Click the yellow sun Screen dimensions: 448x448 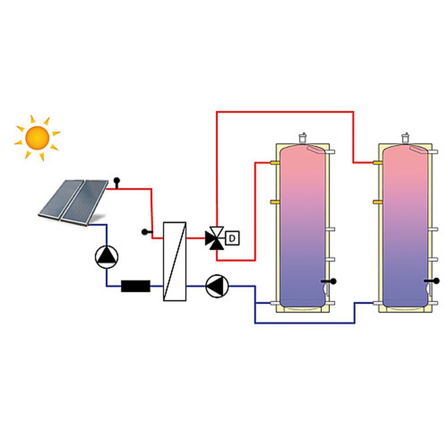tap(37, 138)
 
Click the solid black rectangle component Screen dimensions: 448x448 tap(135, 286)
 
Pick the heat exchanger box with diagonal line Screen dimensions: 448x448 tap(174, 261)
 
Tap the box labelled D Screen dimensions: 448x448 tap(232, 238)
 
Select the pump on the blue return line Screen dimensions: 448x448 tap(217, 286)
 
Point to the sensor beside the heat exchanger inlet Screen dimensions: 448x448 tap(145, 232)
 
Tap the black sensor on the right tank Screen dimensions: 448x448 tap(434, 281)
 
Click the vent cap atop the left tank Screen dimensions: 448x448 tap(303, 137)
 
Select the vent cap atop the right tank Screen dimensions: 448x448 tap(406, 137)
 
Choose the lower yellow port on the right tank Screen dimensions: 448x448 tap(378, 202)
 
